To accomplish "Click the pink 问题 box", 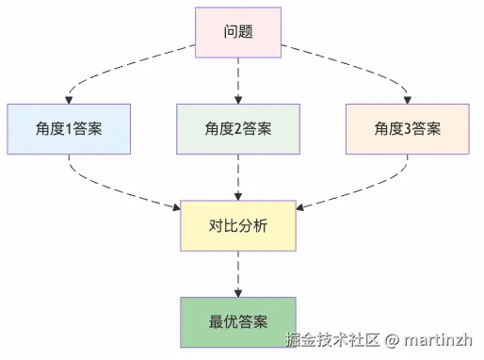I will (238, 30).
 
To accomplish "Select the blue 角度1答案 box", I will (69, 128).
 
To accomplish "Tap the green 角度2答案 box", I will (238, 128).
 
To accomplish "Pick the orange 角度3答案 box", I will (406, 128).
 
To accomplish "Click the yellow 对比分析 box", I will (238, 226).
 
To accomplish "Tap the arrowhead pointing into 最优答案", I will (238, 292).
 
